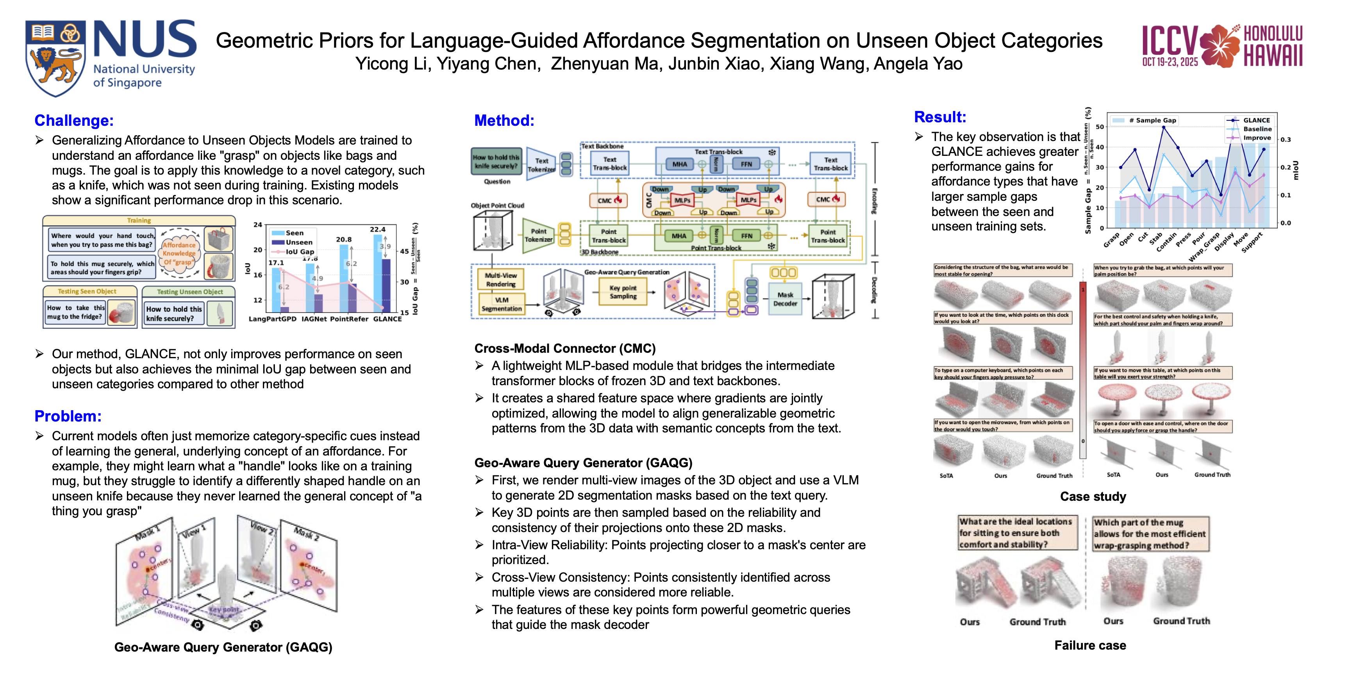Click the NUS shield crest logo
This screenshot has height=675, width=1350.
(x=55, y=58)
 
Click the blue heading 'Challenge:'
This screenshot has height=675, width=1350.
(x=74, y=121)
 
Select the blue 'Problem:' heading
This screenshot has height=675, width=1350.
(x=68, y=416)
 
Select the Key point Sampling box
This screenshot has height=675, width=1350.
(x=623, y=292)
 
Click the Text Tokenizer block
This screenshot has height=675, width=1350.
(x=541, y=164)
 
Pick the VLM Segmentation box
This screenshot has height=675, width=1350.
(x=502, y=304)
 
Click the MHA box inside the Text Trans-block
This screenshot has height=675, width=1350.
(x=679, y=164)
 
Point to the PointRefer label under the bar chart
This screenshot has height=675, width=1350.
(x=349, y=319)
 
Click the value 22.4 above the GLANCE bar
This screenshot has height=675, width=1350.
(x=377, y=230)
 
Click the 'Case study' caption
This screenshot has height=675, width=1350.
(x=1093, y=496)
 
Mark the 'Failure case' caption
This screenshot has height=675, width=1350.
(x=1090, y=645)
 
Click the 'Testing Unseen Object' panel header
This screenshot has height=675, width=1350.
(x=190, y=292)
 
